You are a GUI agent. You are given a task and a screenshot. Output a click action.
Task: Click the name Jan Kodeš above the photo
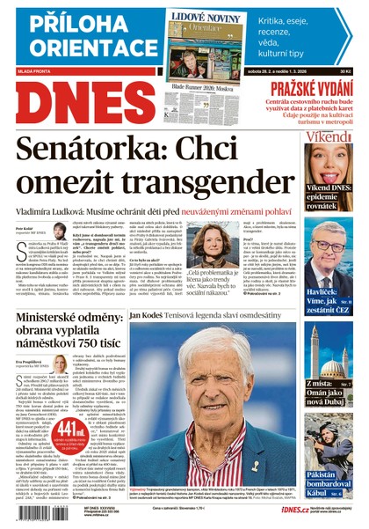[x=150, y=313]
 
